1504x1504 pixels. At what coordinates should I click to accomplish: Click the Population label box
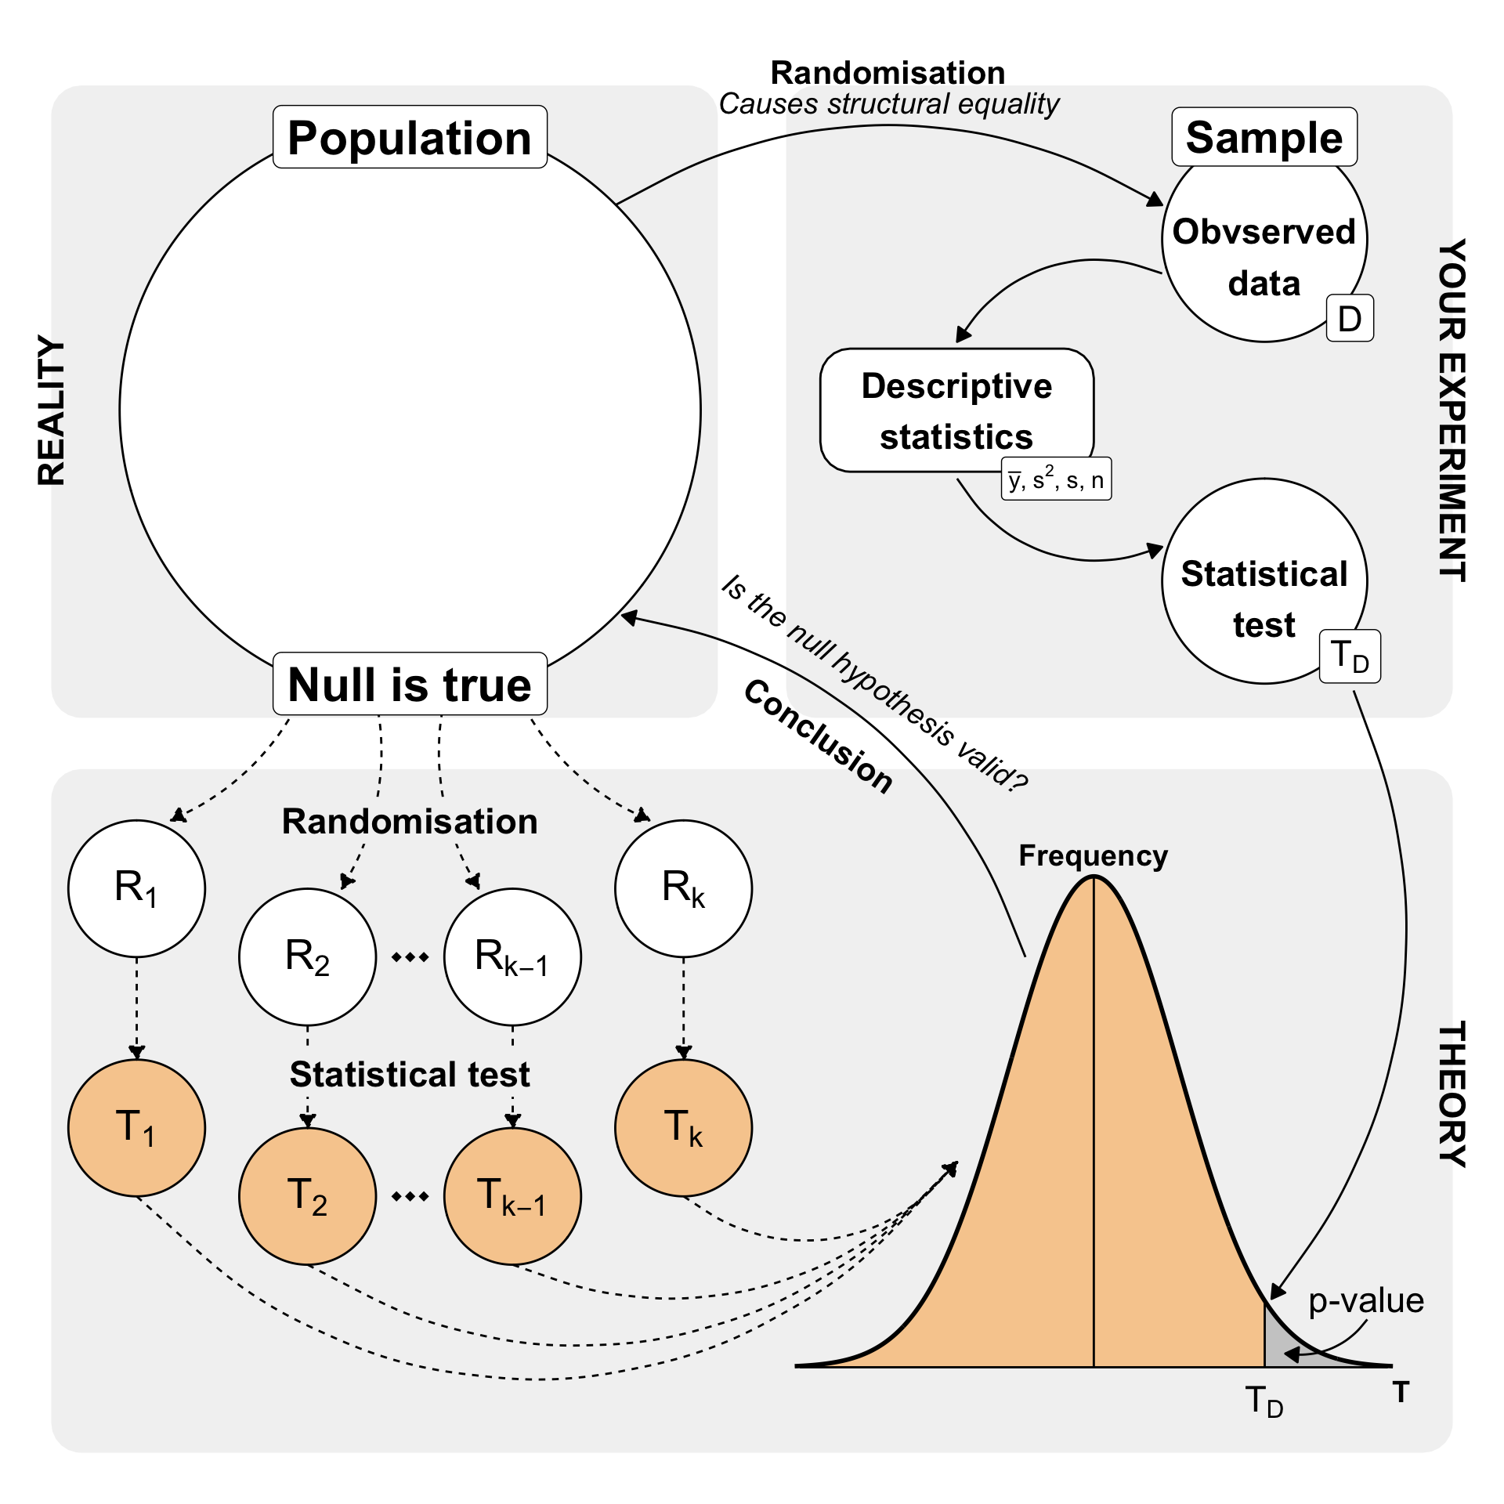click(x=410, y=137)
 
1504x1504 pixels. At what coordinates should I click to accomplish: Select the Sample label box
click(x=1264, y=137)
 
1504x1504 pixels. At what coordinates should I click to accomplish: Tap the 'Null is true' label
click(x=410, y=684)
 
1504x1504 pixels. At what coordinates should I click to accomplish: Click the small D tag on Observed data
click(x=1349, y=319)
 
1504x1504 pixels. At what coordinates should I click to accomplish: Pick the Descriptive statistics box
click(x=956, y=410)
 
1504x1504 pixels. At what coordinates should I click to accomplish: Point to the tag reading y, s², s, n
click(x=1056, y=479)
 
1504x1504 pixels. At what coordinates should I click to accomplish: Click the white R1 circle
click(x=136, y=888)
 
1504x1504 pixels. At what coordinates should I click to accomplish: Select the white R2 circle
click(x=307, y=956)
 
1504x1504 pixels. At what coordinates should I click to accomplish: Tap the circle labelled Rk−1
click(x=512, y=956)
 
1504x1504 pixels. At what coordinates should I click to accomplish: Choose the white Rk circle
click(x=683, y=888)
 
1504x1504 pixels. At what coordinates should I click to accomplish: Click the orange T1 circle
click(x=136, y=1127)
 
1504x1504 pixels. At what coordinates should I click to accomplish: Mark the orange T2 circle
click(x=307, y=1196)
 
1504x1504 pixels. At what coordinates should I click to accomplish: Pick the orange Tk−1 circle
click(x=512, y=1196)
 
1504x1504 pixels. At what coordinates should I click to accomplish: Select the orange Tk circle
click(x=683, y=1127)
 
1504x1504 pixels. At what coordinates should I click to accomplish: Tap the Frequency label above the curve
click(x=1093, y=855)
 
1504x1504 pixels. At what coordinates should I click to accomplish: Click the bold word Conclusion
click(x=818, y=736)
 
